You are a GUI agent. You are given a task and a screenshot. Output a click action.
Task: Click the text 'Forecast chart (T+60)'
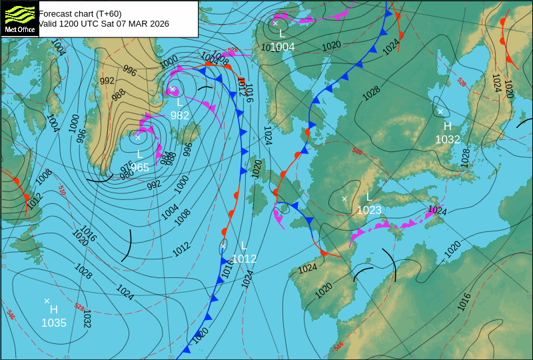(80, 13)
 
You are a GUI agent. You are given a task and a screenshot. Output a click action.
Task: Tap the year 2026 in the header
(159, 24)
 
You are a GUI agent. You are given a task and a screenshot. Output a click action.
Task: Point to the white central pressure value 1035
(54, 323)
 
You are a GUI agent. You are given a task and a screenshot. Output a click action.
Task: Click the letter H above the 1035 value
(54, 309)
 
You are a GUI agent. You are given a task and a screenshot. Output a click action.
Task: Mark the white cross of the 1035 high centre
(47, 301)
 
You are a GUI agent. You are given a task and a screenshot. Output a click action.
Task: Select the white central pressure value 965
(140, 167)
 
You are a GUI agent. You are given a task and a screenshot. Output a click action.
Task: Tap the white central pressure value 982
(180, 115)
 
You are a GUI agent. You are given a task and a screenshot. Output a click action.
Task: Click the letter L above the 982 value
(179, 102)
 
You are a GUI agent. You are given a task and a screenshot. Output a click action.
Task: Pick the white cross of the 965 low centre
(138, 137)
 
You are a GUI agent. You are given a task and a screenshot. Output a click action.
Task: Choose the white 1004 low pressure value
(282, 47)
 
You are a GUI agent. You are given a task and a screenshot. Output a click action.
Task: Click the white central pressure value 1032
(448, 139)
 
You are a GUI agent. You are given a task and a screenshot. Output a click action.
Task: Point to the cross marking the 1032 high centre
(440, 111)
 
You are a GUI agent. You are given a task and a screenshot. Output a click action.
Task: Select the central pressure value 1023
(369, 211)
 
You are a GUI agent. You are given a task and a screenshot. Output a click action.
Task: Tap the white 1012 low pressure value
(245, 259)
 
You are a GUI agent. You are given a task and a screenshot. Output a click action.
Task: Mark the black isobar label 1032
(87, 319)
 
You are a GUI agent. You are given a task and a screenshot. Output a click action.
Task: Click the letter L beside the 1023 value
(369, 197)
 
